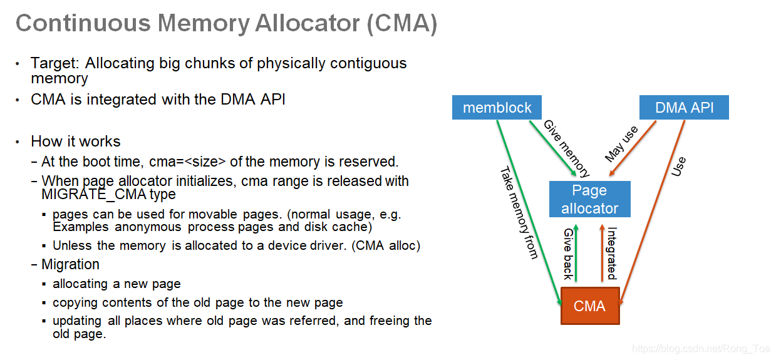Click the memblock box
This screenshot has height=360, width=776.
pyautogui.click(x=497, y=108)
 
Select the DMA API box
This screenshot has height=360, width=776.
pyautogui.click(x=685, y=108)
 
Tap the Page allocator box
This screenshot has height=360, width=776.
pyautogui.click(x=589, y=199)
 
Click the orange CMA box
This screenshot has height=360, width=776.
pyautogui.click(x=589, y=306)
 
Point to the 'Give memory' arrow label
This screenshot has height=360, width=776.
pyautogui.click(x=566, y=148)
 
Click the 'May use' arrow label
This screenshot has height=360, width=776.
pyautogui.click(x=621, y=144)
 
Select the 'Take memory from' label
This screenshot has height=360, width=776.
pyautogui.click(x=519, y=213)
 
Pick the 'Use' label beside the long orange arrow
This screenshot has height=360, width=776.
pyautogui.click(x=678, y=166)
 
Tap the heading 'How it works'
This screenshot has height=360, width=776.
pyautogui.click(x=75, y=141)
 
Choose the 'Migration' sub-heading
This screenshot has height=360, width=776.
pyautogui.click(x=70, y=264)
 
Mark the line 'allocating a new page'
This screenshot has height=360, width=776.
pyautogui.click(x=116, y=284)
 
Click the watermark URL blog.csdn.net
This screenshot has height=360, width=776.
pyautogui.click(x=701, y=348)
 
